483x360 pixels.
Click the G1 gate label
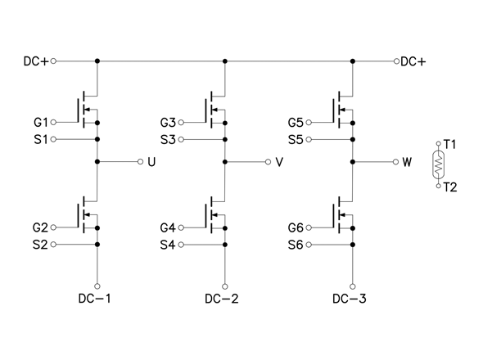(41, 123)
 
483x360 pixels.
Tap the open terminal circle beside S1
(53, 139)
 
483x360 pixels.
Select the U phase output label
(151, 162)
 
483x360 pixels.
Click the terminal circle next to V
(268, 162)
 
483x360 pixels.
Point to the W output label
(407, 162)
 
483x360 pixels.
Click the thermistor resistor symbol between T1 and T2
(438, 164)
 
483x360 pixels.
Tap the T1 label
(449, 144)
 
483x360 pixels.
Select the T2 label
(450, 187)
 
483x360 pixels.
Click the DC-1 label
(94, 299)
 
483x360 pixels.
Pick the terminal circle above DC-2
(225, 286)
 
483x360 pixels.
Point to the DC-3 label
(350, 299)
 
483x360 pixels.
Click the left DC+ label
(36, 61)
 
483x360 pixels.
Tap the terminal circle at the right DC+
(396, 61)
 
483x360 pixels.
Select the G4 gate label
(168, 228)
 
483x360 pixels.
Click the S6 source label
(296, 245)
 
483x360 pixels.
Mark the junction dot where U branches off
(97, 162)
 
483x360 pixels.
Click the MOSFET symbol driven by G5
(343, 110)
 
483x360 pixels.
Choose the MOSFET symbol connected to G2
(87, 214)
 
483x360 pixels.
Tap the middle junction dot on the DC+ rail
(225, 61)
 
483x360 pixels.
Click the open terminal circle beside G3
(181, 123)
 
